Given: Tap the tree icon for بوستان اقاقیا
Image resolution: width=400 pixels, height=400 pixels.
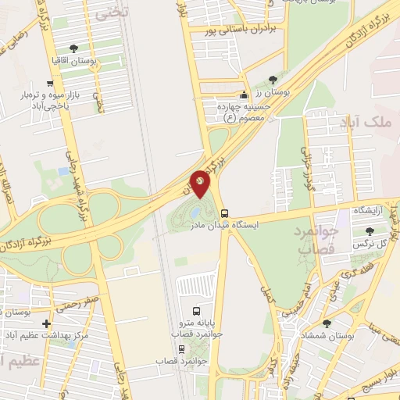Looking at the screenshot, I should (73, 48).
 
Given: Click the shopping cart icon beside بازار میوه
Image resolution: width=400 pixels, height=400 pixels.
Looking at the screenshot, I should (50, 83).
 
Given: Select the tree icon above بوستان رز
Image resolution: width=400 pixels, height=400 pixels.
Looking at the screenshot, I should (272, 79).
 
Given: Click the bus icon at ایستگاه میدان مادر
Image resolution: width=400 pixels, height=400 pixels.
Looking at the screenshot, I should (225, 212).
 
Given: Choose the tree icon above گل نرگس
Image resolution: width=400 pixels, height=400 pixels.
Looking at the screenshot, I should (370, 231).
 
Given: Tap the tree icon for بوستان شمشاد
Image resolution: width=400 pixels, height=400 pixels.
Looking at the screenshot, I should (327, 323).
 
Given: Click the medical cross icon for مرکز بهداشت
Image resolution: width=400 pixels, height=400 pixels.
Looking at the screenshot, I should (46, 323).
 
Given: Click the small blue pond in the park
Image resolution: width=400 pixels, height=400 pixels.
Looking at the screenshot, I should (194, 212).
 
